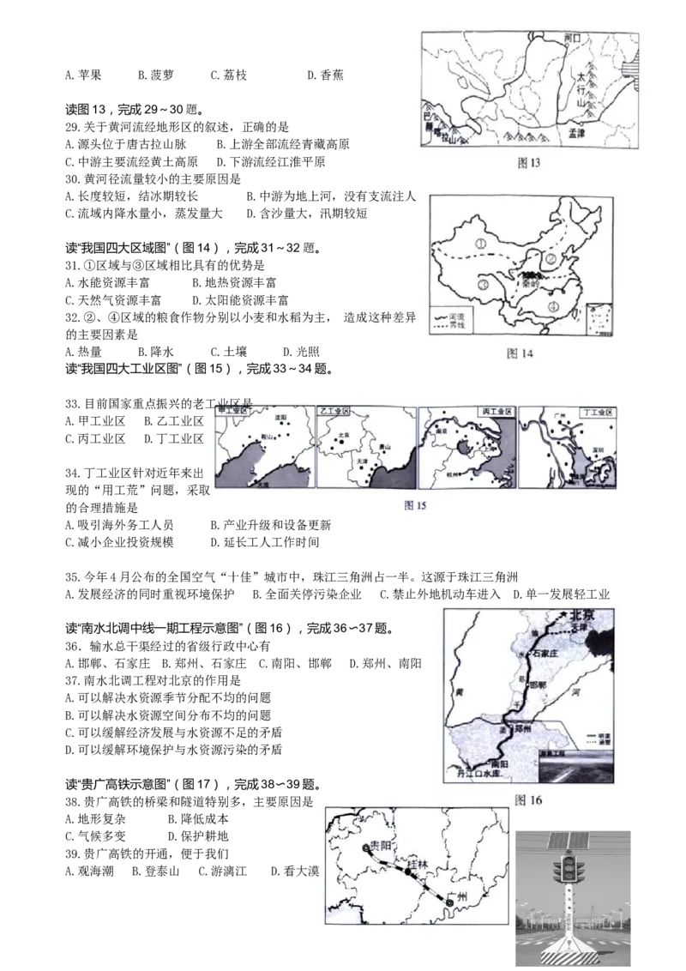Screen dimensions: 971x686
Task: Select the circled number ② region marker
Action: [x=553, y=259]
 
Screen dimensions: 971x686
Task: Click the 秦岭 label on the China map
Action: [x=527, y=286]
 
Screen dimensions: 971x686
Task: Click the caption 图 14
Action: [x=521, y=353]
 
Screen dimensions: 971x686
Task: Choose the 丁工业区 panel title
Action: [x=597, y=413]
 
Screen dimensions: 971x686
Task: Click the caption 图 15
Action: [x=415, y=505]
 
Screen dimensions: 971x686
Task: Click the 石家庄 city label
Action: [x=545, y=653]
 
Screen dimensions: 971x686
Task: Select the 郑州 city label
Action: [x=524, y=727]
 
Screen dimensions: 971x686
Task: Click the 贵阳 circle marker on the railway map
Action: [x=367, y=847]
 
